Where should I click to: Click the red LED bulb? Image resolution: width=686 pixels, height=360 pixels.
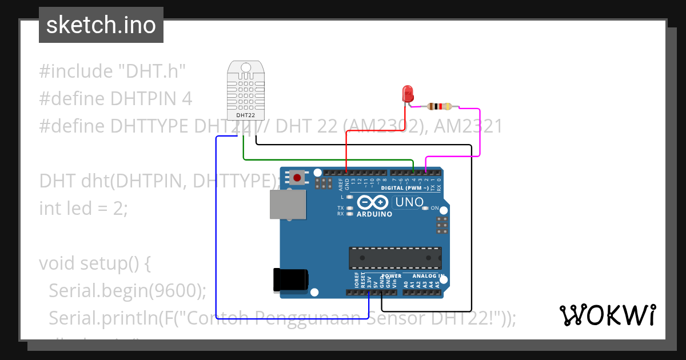(408, 94)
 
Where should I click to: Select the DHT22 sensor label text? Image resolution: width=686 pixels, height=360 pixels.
(246, 115)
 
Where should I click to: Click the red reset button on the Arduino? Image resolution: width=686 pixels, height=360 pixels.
(297, 178)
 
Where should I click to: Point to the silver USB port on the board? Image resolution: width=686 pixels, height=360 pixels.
(288, 204)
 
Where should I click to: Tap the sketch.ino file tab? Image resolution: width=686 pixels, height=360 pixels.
(101, 25)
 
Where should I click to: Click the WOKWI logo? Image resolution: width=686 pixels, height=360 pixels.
(607, 315)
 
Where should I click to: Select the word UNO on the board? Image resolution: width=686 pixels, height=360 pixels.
(409, 202)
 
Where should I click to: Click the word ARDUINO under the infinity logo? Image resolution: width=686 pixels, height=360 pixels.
(374, 214)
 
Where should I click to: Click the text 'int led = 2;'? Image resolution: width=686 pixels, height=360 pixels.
(83, 208)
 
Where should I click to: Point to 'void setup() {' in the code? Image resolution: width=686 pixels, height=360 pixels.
(94, 263)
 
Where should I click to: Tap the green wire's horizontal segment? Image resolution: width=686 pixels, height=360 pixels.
(326, 159)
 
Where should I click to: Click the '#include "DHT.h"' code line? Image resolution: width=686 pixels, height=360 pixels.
(113, 71)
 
